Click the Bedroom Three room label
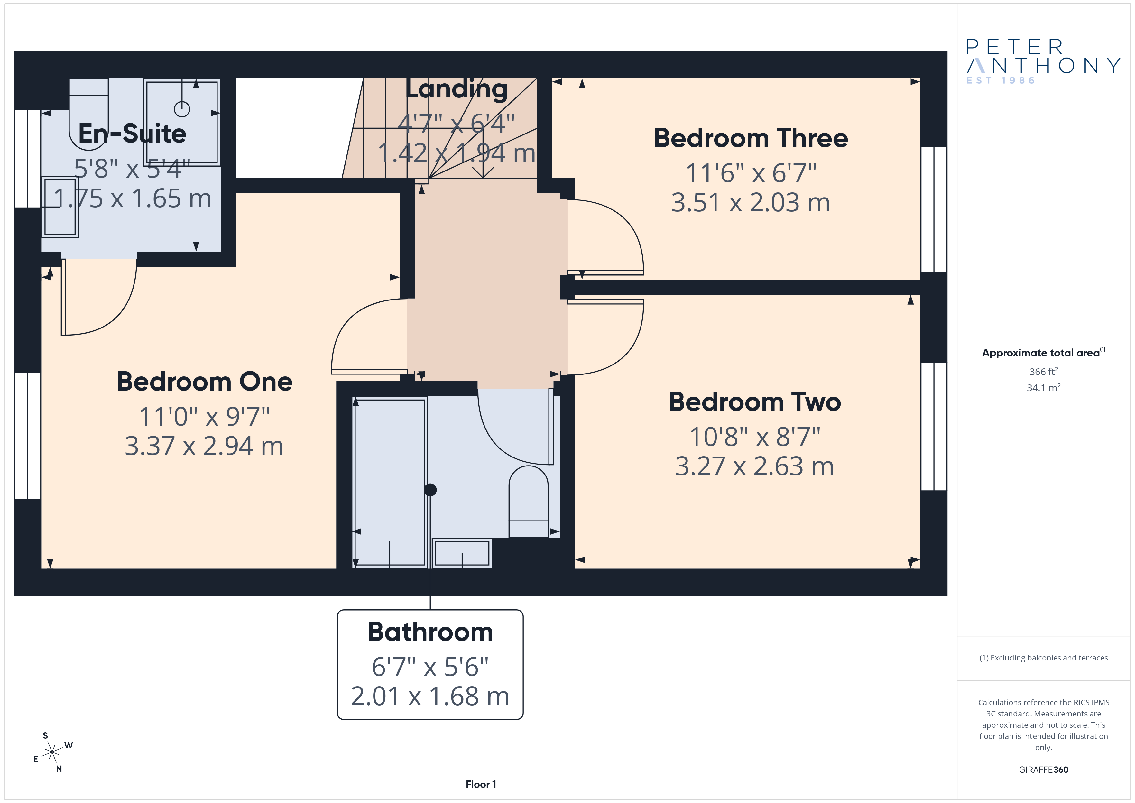click(x=751, y=138)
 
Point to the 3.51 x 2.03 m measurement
click(x=751, y=203)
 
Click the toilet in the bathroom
click(x=529, y=501)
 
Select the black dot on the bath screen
click(x=430, y=490)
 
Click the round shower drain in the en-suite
click(x=182, y=109)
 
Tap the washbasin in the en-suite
click(x=60, y=207)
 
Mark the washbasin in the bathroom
click(x=462, y=552)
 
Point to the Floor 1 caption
click(x=481, y=784)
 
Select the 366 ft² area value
click(x=1044, y=371)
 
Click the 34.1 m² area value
click(x=1044, y=387)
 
